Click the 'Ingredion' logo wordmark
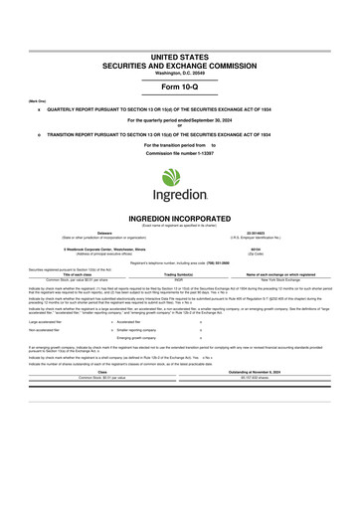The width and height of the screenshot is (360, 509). click(180, 200)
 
